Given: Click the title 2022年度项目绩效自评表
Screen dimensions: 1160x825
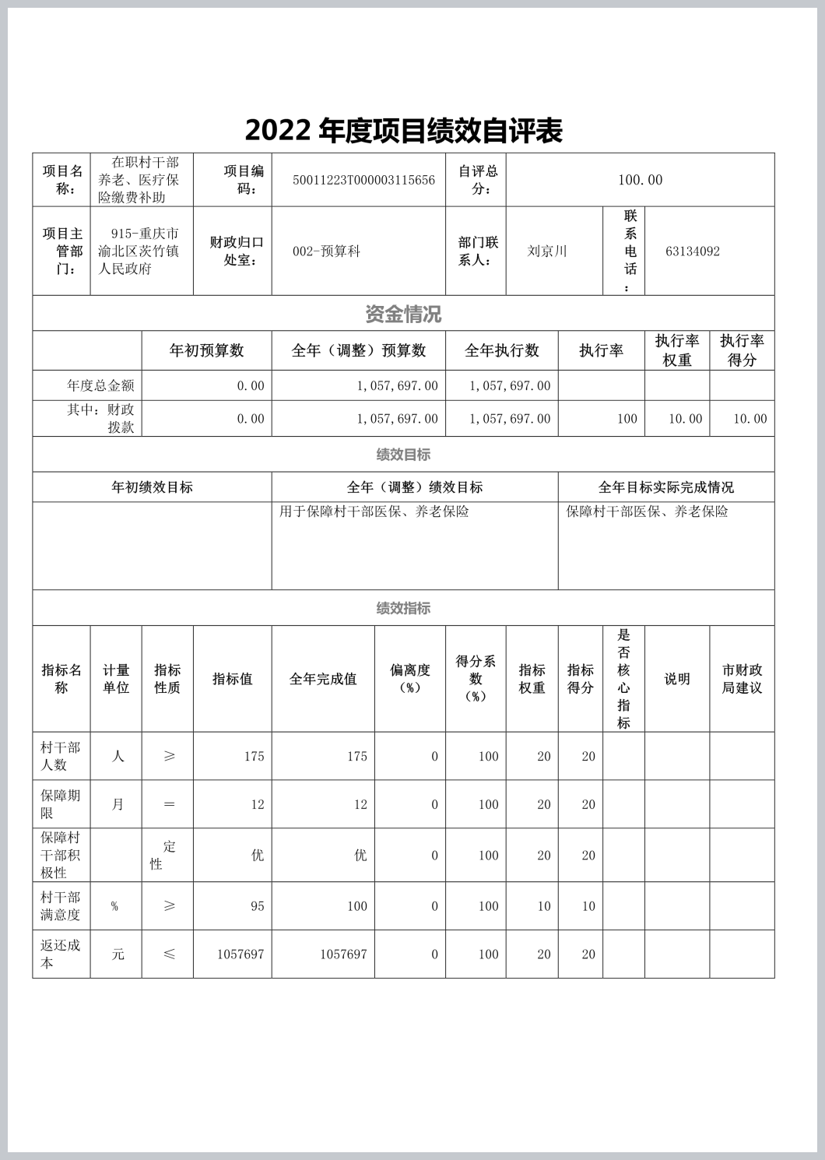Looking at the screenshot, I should point(403,131).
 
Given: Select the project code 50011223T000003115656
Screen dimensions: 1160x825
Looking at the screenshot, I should point(363,180).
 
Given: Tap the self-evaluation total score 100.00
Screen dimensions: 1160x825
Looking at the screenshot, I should point(640,180).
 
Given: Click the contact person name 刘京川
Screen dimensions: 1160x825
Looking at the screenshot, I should point(547,251).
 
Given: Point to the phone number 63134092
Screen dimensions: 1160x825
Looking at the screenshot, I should point(693,251).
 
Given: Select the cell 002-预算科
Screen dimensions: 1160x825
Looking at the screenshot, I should point(326,251).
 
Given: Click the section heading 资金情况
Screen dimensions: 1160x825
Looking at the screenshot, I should point(403,315).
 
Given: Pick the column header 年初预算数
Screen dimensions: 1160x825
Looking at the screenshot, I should point(206,350).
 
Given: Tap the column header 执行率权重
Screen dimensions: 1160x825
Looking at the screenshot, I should point(676,350).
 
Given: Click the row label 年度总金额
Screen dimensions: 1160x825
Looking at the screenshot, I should point(100,385).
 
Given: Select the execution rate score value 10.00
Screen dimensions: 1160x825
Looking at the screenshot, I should point(750,419).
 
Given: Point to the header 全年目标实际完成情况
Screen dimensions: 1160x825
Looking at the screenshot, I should point(665,487).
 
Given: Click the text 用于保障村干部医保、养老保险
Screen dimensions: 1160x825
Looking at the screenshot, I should point(374,511).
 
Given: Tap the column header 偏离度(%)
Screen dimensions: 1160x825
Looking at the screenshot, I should point(409,678).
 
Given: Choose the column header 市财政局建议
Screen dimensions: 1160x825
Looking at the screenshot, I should point(742,678).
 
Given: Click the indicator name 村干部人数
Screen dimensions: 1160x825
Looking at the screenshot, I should point(61,756).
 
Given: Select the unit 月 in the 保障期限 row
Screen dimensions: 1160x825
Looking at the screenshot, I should point(118,804).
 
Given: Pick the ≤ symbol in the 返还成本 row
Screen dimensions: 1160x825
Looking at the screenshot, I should point(169,954).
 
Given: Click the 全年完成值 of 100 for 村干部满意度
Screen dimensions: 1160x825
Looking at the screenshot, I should point(356,906).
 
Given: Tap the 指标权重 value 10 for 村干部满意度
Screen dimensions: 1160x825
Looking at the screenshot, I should point(543,906).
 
